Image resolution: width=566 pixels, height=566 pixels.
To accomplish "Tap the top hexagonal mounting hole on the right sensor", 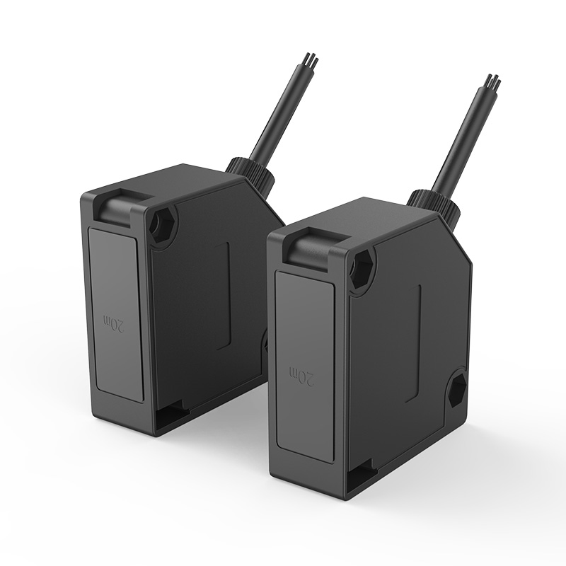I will point(362,267).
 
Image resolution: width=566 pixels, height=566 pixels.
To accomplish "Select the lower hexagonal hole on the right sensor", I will point(456,388).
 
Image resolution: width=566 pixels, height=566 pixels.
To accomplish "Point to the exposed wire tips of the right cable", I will point(493,83).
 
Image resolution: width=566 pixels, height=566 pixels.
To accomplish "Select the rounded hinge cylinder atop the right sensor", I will point(315,251).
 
